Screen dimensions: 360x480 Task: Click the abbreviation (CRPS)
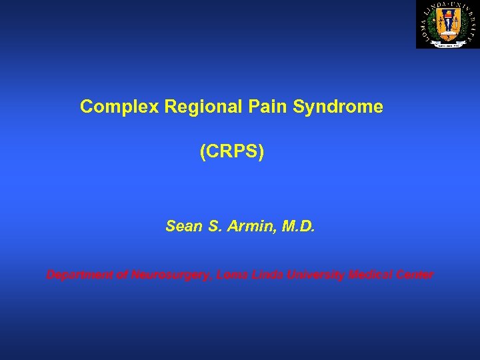click(x=232, y=153)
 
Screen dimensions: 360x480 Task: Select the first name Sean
click(x=183, y=227)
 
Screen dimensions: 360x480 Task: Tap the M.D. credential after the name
click(x=297, y=227)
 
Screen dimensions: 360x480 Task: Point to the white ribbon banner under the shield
click(x=447, y=42)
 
